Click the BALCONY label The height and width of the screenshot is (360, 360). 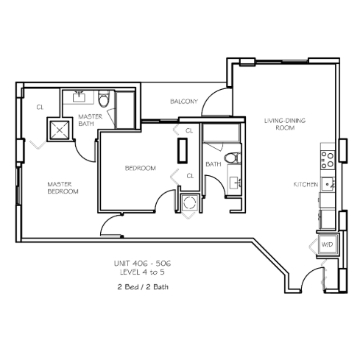click(184, 102)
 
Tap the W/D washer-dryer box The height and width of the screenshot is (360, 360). click(328, 244)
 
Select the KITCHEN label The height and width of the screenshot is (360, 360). click(306, 184)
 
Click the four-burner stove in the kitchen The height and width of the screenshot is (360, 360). click(328, 160)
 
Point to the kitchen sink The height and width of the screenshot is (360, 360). click(328, 184)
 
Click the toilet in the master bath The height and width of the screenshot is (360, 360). click(104, 99)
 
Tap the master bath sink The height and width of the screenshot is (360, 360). click(79, 96)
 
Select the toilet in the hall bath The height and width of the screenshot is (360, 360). click(233, 158)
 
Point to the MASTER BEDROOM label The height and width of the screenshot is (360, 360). click(63, 188)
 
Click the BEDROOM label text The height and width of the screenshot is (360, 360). click(141, 168)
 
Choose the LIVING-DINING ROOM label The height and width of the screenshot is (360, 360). click(285, 124)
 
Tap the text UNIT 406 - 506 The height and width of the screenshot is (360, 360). click(143, 264)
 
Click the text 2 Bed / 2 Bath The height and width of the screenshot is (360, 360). click(143, 286)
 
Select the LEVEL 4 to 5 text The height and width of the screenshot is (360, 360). click(142, 272)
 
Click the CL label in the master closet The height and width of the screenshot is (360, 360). click(40, 107)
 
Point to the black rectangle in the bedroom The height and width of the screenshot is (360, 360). click(183, 150)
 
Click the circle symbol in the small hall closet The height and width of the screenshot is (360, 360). click(190, 202)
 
